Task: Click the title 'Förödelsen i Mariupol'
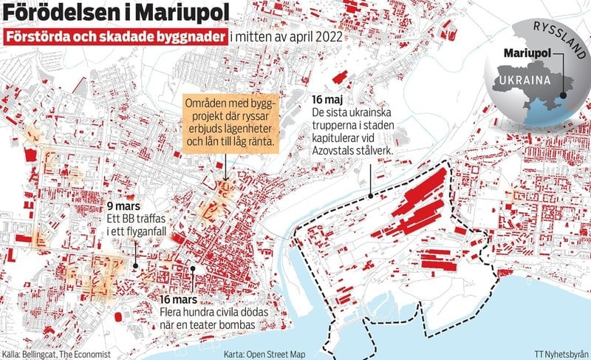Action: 115,13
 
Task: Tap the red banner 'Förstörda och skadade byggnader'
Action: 115,37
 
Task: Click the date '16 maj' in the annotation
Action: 327,99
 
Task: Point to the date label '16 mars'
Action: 178,299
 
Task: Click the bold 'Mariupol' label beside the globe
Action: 527,54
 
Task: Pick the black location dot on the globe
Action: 563,95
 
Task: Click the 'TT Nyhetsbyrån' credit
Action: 562,354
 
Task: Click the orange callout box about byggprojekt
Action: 230,122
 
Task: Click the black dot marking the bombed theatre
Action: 192,270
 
